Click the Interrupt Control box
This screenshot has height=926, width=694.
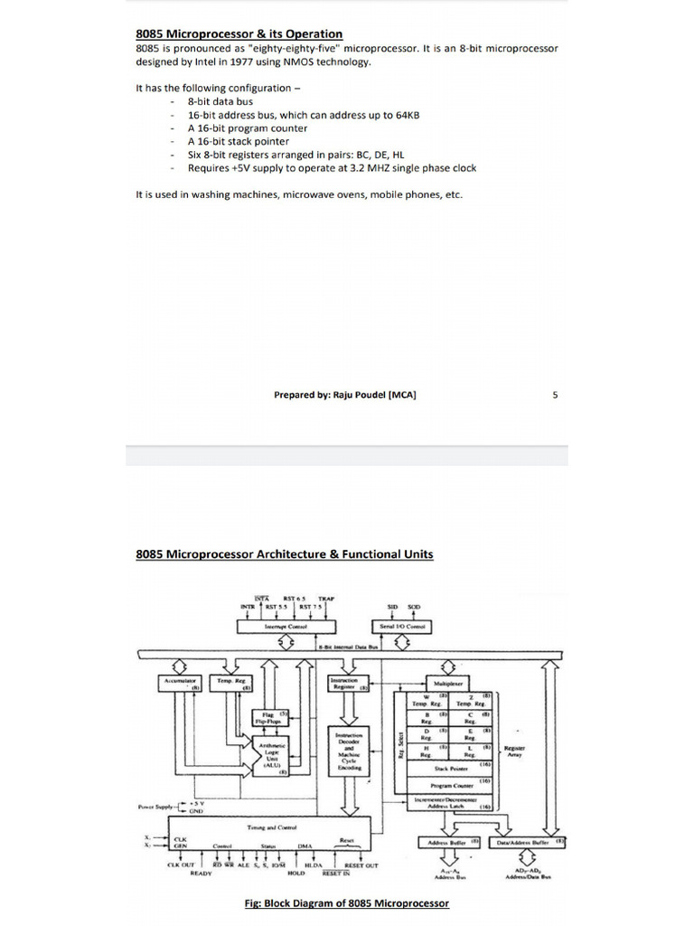286,626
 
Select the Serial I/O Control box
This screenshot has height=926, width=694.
402,626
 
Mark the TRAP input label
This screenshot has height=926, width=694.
326,599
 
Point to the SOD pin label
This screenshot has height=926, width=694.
414,607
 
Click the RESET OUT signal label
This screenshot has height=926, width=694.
361,865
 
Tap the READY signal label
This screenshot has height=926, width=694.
201,874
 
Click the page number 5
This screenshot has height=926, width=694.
555,394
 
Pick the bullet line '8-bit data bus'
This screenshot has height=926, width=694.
220,102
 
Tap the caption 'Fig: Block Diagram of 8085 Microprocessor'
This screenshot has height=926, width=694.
347,902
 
